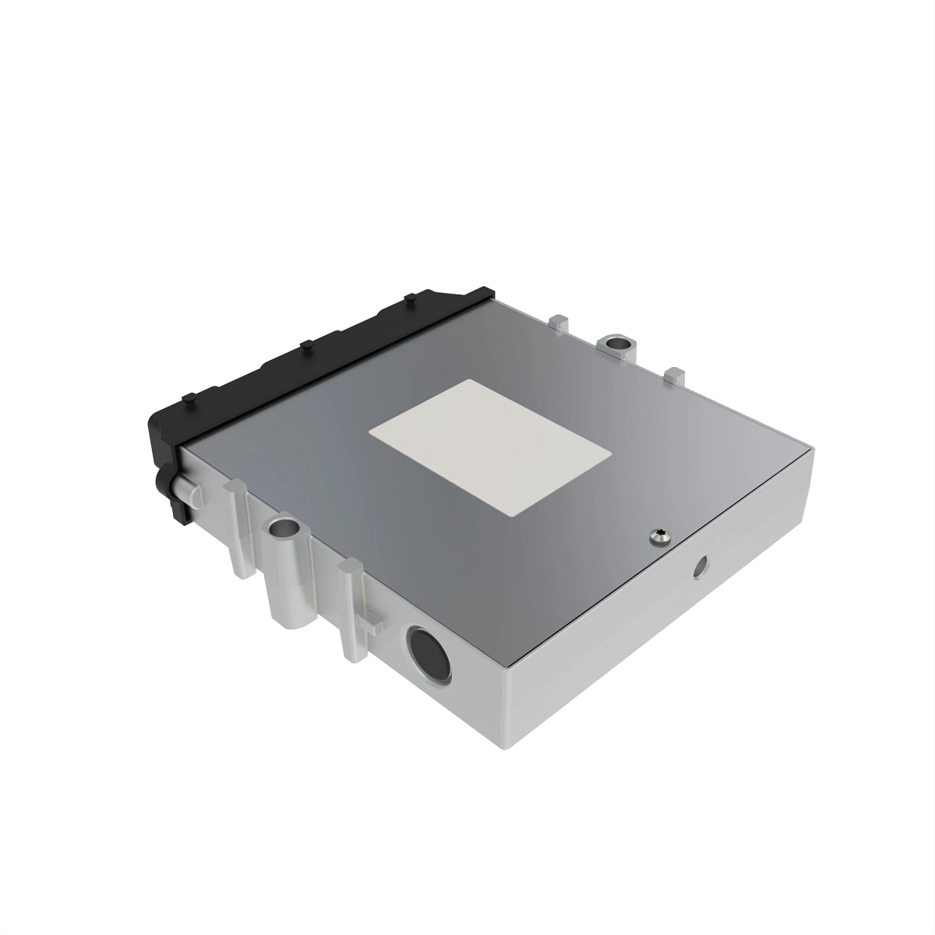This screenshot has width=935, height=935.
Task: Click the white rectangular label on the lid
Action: coord(489,446)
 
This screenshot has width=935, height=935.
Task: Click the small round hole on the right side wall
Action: coord(701,567)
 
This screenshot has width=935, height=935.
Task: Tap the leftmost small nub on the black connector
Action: coord(187,400)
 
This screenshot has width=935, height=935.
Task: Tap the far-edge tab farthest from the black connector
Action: coord(675,374)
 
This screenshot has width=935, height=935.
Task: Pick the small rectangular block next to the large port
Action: coord(372,623)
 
